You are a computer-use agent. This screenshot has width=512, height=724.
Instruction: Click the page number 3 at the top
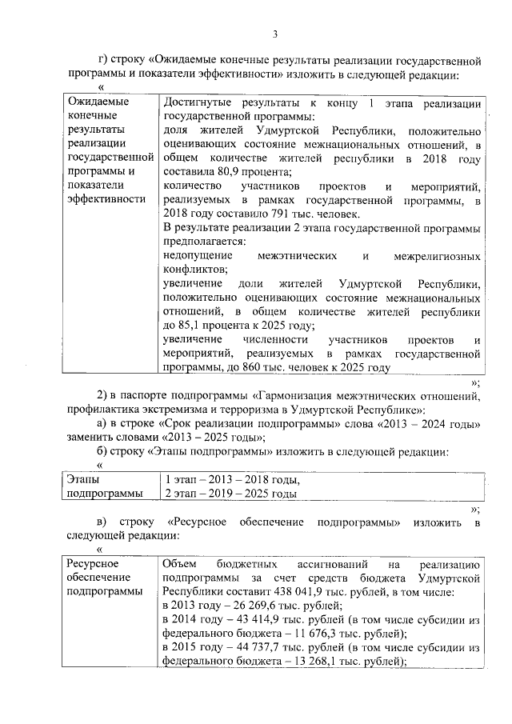tap(274, 34)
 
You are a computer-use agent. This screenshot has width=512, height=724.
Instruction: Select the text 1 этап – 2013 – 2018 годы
tap(230, 480)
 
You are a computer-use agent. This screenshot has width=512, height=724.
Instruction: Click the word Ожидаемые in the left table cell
tap(98, 102)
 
